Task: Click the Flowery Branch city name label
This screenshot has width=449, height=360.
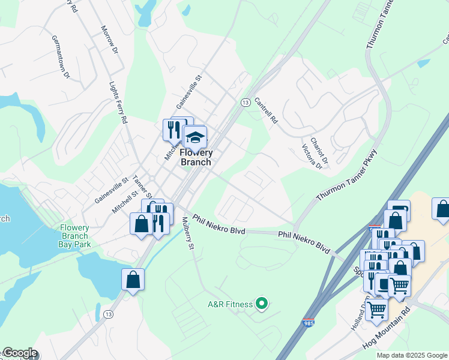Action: pos(196,157)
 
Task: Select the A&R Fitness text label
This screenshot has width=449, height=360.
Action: pos(230,304)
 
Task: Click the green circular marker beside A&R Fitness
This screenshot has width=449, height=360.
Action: pos(261,304)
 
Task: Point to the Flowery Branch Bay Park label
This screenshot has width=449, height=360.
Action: pos(74,236)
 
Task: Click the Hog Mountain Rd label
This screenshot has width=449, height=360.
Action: pos(385,329)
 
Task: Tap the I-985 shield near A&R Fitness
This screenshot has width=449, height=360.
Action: pos(309,323)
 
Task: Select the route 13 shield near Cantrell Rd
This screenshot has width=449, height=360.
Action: pos(245,103)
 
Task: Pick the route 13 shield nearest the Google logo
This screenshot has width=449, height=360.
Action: pos(108,314)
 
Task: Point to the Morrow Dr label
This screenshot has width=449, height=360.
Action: pos(108,40)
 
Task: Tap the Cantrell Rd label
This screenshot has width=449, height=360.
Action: pos(266,110)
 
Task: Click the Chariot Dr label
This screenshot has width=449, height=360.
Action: pos(322,150)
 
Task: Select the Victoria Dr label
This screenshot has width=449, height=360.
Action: pos(312,157)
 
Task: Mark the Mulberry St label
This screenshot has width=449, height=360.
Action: pos(188,233)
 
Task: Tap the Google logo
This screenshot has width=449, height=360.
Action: pos(19,353)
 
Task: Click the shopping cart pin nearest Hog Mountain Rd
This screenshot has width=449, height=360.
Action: pos(377,310)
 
